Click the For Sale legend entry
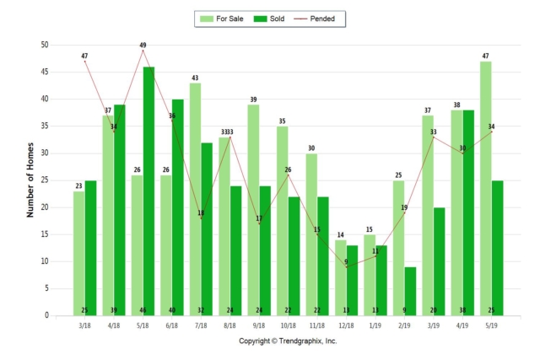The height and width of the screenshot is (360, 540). point(222,18)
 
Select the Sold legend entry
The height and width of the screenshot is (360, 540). point(272,18)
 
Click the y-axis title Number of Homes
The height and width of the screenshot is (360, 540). point(30,180)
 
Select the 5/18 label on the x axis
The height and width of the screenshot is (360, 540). point(143,325)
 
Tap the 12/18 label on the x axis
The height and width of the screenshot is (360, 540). point(347,325)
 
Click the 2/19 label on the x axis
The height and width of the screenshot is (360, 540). point(405,325)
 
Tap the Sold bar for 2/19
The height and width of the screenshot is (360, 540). point(411,291)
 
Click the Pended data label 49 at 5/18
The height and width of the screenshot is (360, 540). point(143,45)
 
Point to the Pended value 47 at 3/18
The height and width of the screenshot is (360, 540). point(84,56)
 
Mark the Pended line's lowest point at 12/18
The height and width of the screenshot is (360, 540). point(347,266)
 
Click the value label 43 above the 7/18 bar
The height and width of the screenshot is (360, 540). point(195,78)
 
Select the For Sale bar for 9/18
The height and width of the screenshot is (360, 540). point(253,210)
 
